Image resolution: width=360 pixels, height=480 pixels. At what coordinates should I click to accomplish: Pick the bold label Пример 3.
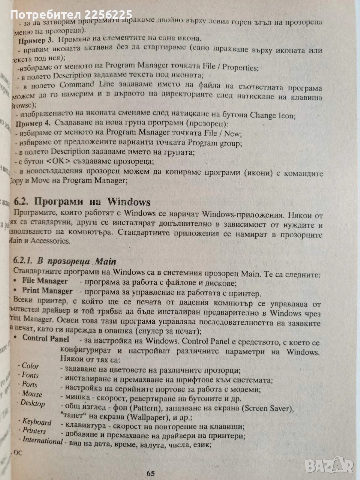tap(36, 39)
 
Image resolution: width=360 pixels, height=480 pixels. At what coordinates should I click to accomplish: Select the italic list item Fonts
tap(29, 375)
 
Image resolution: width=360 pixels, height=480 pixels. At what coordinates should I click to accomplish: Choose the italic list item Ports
tap(29, 385)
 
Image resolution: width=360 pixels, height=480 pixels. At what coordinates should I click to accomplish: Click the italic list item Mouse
tap(31, 394)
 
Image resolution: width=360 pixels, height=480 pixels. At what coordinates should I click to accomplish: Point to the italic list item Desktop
tap(33, 403)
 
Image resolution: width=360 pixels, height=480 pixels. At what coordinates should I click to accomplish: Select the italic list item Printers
tap(34, 431)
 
